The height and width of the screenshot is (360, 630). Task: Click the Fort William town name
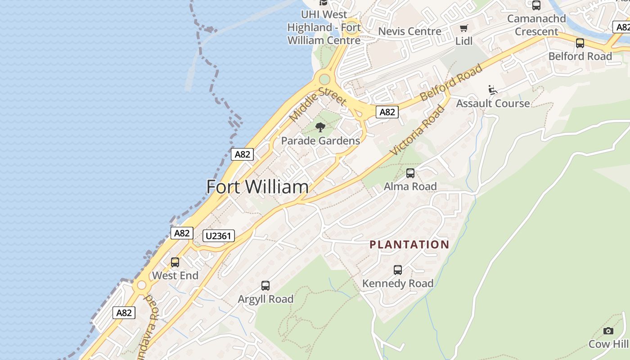coord(257,187)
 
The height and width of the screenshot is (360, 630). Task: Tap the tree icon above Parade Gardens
coord(320,127)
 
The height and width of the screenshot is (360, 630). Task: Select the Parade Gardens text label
coord(320,141)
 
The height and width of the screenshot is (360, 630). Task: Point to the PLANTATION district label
coord(409,245)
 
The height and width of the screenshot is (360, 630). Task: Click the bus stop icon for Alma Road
coord(410,173)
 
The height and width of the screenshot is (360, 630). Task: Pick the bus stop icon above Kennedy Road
coord(398,270)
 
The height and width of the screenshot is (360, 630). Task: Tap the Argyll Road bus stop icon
coord(265,286)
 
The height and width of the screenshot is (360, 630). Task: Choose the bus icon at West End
coord(175,262)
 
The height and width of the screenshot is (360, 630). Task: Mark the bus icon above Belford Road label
coord(580,43)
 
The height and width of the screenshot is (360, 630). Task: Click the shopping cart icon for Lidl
coord(464,28)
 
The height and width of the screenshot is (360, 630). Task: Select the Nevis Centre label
coord(409,31)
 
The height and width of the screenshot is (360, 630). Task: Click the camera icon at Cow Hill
coord(608,331)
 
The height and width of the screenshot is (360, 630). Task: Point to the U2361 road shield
coord(219,236)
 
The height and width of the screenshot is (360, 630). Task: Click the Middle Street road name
coord(317,104)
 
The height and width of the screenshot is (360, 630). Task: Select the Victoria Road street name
coord(418,130)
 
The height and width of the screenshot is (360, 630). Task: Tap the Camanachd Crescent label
coord(536,25)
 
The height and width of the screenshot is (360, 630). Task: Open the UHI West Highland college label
coord(324,27)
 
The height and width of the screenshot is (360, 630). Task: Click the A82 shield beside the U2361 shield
coord(182,233)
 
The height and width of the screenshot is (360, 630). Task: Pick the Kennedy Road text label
coord(398,283)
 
